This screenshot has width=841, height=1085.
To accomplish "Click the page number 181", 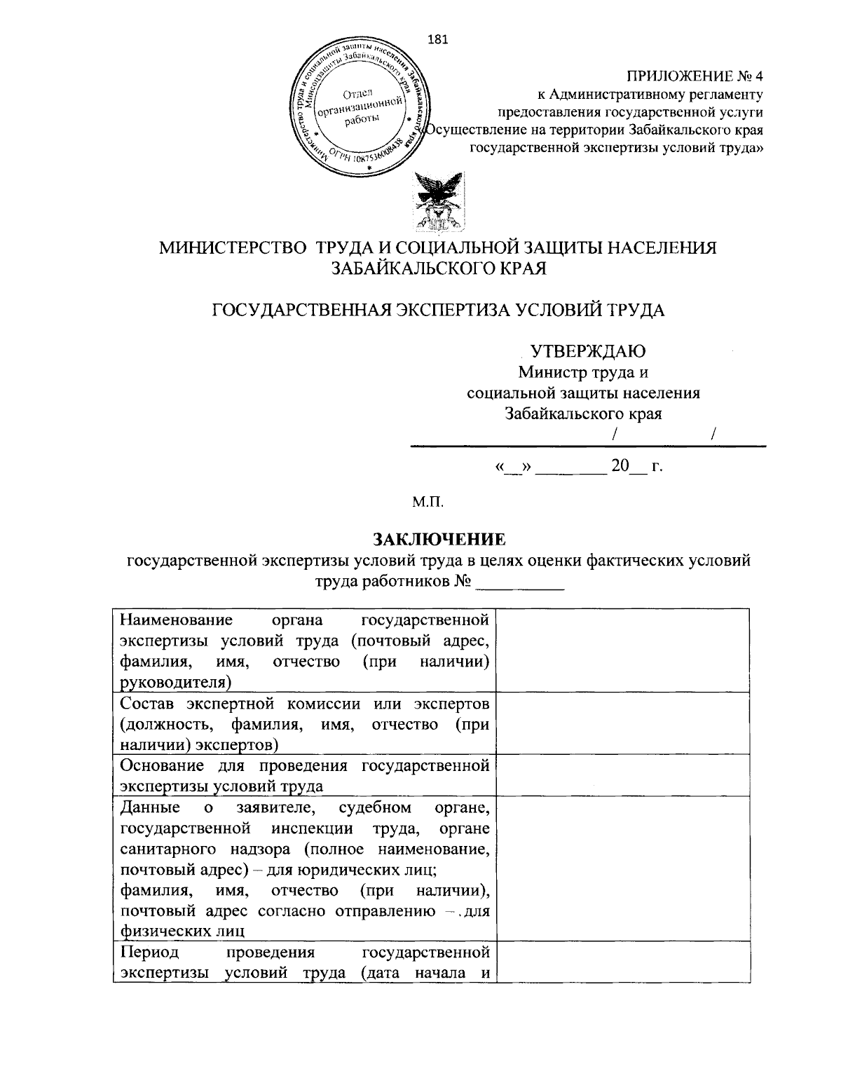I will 437,39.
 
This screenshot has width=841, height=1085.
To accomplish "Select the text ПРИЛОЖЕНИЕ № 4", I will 694,75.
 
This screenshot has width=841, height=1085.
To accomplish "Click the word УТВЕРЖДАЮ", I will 587,351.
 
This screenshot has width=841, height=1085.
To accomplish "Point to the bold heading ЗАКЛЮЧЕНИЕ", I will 438,539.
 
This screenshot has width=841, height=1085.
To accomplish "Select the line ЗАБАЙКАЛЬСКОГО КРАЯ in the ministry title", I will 438,268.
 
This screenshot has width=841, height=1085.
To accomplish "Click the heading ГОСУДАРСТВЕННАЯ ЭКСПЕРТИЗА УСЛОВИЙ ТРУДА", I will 438,310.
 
